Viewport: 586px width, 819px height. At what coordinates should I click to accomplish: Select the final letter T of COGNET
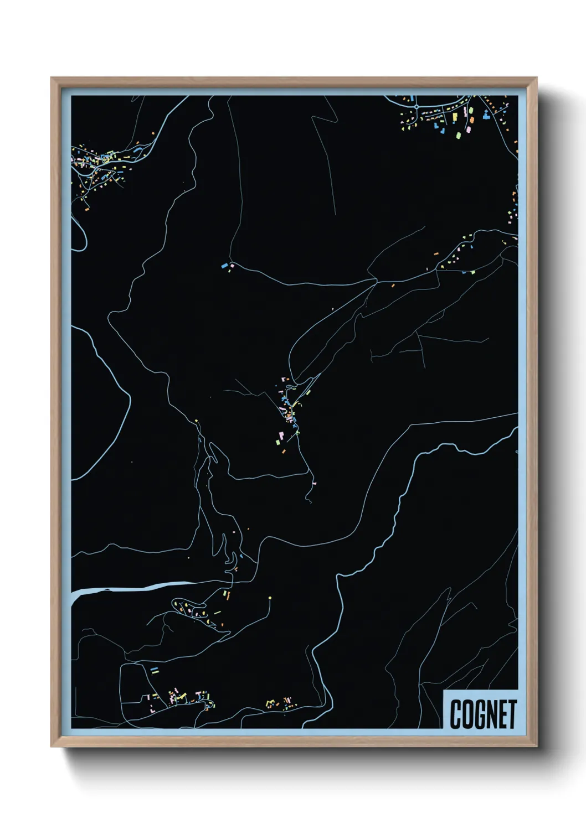512,714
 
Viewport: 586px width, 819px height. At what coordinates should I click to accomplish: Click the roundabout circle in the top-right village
416,106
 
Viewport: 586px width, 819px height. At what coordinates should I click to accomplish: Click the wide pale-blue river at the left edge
127,588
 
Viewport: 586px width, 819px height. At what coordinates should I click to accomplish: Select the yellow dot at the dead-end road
270,598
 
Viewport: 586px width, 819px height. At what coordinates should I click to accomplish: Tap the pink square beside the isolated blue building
232,266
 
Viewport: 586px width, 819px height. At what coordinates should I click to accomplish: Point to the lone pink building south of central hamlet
314,484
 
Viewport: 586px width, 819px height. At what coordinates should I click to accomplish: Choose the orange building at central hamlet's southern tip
284,452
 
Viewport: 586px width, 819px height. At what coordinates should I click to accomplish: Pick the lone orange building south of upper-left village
87,209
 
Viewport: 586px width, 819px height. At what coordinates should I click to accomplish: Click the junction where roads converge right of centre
376,281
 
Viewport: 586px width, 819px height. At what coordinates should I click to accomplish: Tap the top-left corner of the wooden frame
52,78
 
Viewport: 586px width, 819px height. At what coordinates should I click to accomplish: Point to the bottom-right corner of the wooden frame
537,747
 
